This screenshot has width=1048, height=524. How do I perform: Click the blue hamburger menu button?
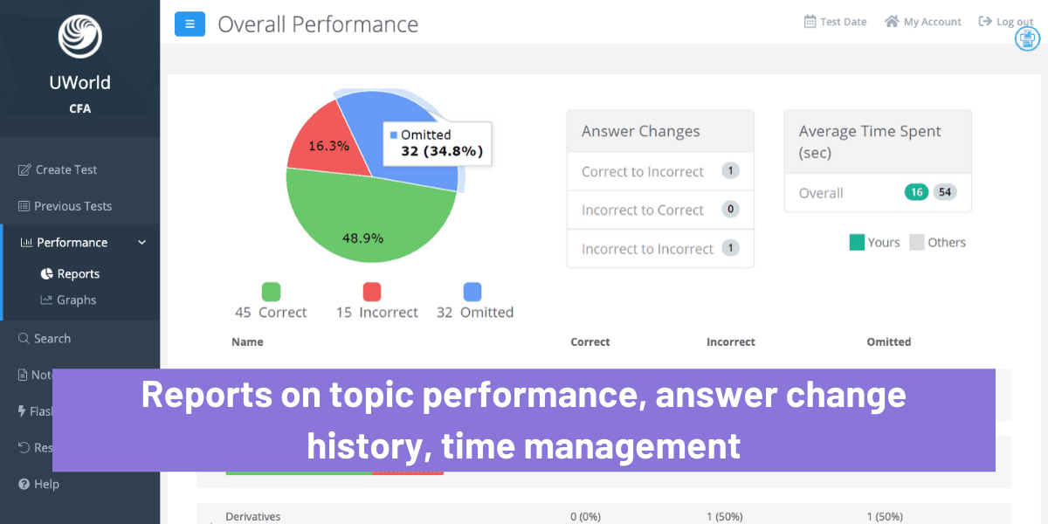point(190,24)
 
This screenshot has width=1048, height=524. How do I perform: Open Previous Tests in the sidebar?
point(72,206)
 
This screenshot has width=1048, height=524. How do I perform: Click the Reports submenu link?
point(78,273)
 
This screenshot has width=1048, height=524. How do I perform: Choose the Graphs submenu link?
point(76,300)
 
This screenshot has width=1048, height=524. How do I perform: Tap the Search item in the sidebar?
point(52,338)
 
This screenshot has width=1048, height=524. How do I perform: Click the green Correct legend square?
point(271,292)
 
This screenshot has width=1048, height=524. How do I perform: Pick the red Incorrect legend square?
point(371,292)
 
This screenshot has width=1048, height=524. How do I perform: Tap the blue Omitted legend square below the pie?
point(472,292)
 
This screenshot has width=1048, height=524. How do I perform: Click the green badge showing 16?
point(916,192)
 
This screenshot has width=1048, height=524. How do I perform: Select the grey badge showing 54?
point(945,192)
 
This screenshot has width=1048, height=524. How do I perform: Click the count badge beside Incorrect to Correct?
point(731,210)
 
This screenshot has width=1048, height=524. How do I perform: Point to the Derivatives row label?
point(253,516)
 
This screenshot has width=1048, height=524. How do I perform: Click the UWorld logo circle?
point(80,37)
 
